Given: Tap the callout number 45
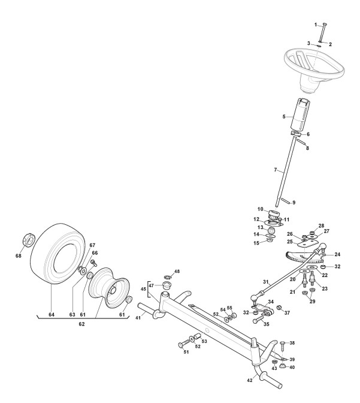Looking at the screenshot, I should (x=143, y=288).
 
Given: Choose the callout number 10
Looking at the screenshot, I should (x=270, y=209).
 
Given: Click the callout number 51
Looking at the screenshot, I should (x=185, y=352).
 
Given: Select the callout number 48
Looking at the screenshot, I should (x=177, y=272).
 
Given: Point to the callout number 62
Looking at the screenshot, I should (x=81, y=324).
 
